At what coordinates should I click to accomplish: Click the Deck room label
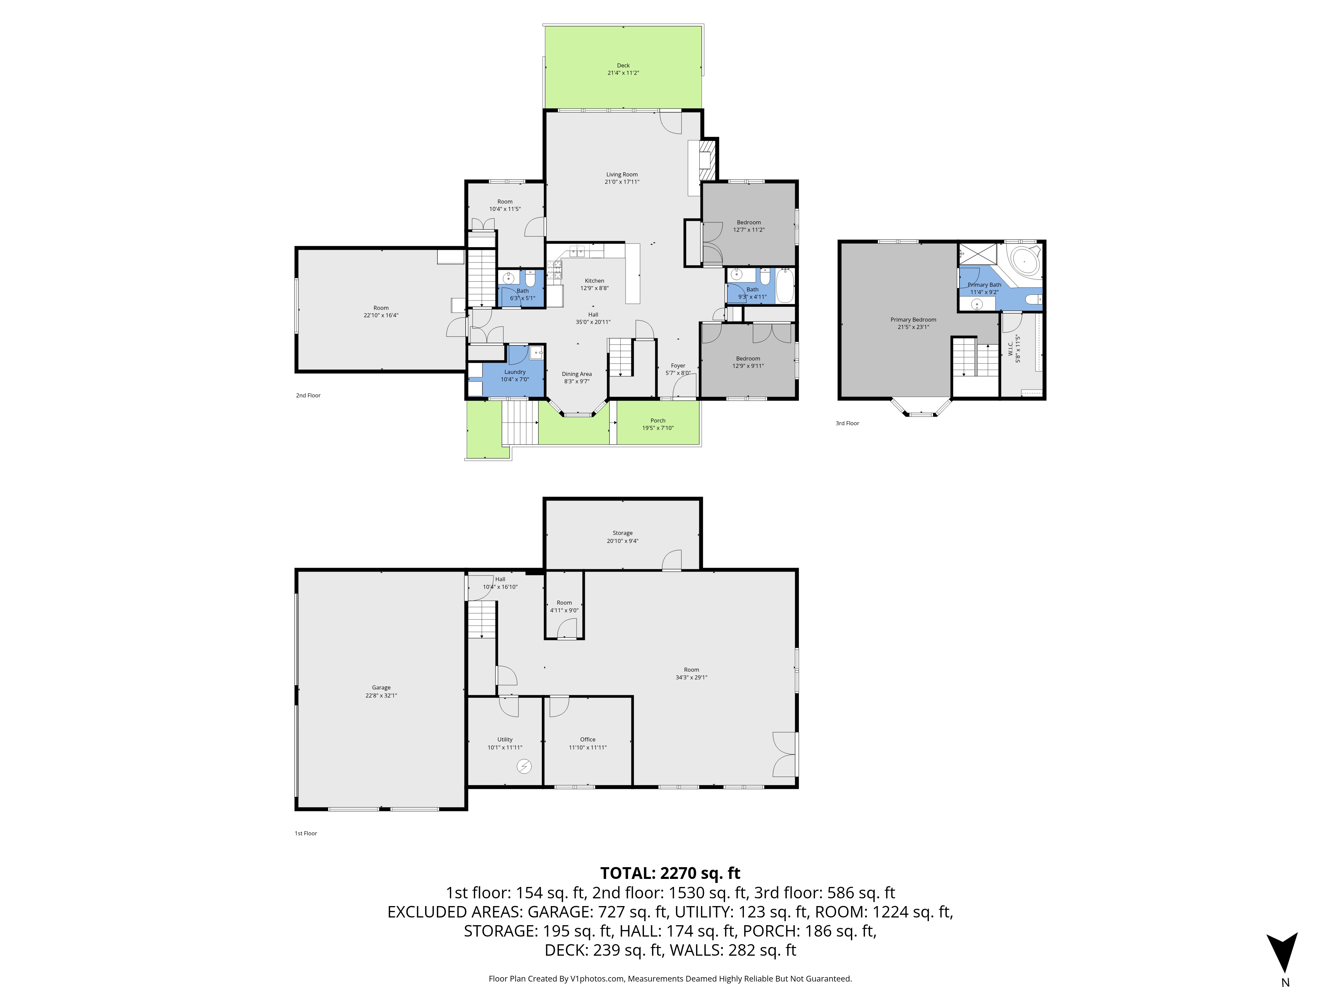click(623, 65)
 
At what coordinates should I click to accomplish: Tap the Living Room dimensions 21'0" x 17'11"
click(622, 182)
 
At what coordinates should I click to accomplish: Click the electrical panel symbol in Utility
click(524, 767)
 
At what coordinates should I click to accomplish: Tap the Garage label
click(381, 688)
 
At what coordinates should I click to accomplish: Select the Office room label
click(587, 740)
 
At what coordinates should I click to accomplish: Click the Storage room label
click(623, 533)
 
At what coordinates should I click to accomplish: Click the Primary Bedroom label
click(913, 320)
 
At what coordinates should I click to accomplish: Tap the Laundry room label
click(515, 372)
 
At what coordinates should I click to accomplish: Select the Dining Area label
click(577, 374)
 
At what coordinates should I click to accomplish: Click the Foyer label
click(678, 366)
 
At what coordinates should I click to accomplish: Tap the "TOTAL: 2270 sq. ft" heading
click(670, 873)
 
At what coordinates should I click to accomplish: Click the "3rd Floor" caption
click(848, 423)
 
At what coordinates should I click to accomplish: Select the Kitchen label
click(594, 281)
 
